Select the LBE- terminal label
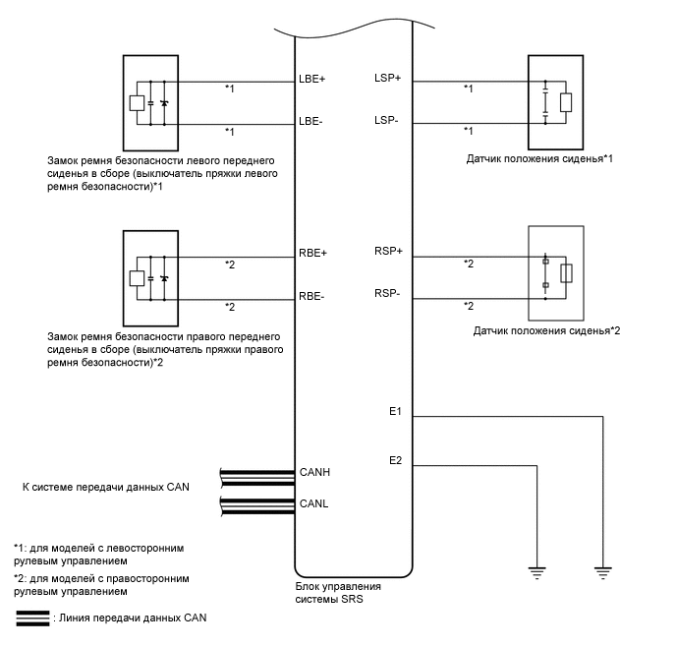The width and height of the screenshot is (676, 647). click(311, 123)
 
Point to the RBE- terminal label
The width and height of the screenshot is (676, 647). click(311, 296)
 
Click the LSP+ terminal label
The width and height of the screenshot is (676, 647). click(388, 79)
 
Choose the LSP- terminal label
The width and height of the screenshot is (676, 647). click(387, 120)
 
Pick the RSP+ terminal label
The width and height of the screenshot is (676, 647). click(389, 252)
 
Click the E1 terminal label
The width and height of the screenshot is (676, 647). click(395, 411)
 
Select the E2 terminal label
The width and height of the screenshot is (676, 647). click(395, 459)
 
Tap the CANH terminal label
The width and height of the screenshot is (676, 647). click(314, 473)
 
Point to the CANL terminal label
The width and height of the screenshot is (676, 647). click(313, 505)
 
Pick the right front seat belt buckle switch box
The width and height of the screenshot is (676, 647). click(149, 276)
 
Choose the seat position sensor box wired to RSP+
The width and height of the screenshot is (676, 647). click(556, 272)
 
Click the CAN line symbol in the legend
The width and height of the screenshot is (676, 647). click(32, 618)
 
